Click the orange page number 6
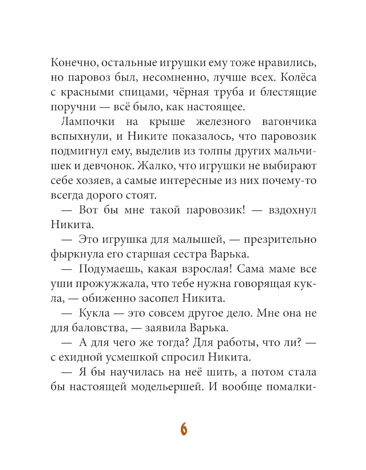(x=184, y=429)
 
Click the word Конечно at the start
(x=73, y=63)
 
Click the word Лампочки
(x=83, y=122)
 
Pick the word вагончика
(x=289, y=122)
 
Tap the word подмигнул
(x=76, y=151)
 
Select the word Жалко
(x=153, y=166)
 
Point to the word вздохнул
(x=292, y=210)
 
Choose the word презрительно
(x=280, y=240)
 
